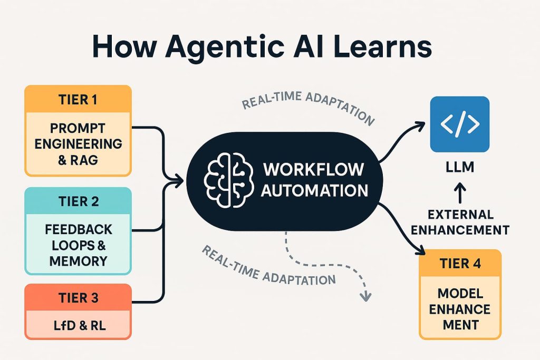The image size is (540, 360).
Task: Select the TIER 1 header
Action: pyautogui.click(x=78, y=99)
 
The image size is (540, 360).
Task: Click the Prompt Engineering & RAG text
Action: pyautogui.click(x=78, y=143)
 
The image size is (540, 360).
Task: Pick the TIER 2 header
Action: pyautogui.click(x=78, y=202)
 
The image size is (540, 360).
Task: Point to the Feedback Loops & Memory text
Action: pyautogui.click(x=78, y=245)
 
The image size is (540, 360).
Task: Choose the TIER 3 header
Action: pyautogui.click(x=78, y=298)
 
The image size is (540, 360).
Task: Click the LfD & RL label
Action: pyautogui.click(x=78, y=325)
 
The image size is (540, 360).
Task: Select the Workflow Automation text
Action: pyautogui.click(x=314, y=180)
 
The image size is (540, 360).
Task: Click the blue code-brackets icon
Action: pyautogui.click(x=460, y=124)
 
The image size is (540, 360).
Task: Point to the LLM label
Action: pyautogui.click(x=460, y=168)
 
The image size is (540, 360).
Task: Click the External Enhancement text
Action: pyautogui.click(x=460, y=222)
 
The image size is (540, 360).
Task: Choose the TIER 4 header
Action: pyautogui.click(x=460, y=264)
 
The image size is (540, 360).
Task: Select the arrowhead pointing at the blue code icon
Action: pyautogui.click(x=420, y=125)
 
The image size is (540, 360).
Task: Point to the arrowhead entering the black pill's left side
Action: pyautogui.click(x=179, y=181)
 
